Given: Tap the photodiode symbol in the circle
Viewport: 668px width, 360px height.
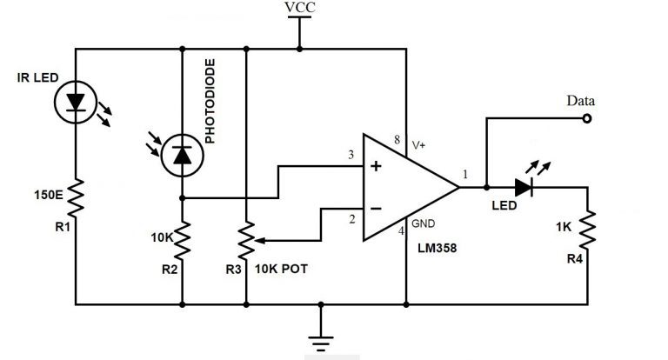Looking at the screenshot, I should point(183,155).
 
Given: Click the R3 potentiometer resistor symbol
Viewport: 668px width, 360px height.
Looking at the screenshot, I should point(248,241).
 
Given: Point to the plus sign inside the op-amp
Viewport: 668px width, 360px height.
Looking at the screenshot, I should point(376,166).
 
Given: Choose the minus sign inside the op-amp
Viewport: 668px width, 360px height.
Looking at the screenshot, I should point(376,210).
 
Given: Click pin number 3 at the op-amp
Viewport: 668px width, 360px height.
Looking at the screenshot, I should point(351,156).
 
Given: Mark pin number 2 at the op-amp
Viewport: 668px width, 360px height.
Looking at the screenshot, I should point(351,219).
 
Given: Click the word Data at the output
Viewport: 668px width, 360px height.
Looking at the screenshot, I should point(580,101).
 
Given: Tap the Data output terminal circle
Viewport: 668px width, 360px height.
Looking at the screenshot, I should point(588,118).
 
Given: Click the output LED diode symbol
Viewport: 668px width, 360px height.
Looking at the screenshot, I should point(524,186).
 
